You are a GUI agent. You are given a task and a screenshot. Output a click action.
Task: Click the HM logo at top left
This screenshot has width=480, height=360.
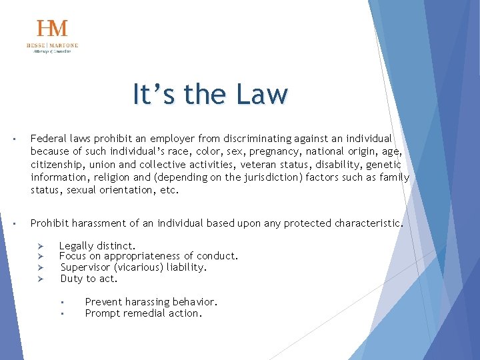52,29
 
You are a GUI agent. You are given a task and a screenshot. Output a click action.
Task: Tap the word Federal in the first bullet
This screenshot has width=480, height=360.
49,139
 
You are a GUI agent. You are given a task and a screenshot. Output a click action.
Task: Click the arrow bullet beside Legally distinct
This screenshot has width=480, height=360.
40,246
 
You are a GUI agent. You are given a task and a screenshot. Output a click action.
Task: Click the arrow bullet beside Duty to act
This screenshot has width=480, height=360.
40,279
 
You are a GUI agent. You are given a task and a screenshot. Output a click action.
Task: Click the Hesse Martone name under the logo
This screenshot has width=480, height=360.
52,45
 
